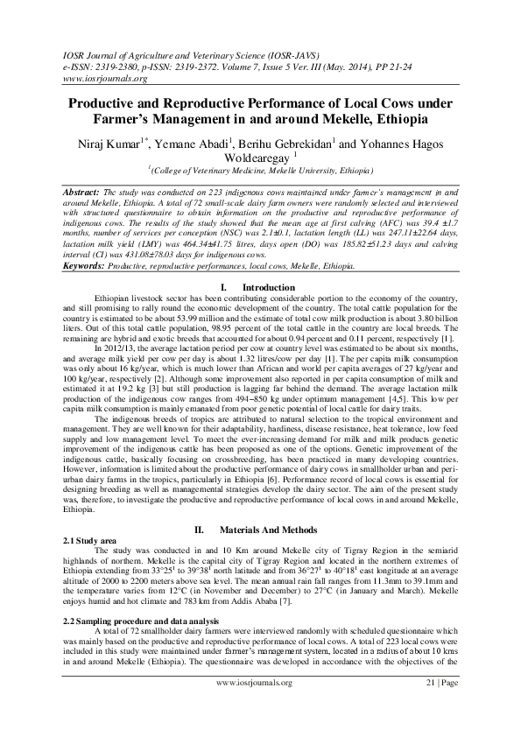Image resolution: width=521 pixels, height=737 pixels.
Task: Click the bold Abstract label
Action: coord(81,190)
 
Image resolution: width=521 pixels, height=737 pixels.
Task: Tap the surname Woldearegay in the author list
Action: coord(257,159)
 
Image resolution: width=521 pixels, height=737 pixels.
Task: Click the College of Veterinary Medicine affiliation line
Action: coord(260,173)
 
